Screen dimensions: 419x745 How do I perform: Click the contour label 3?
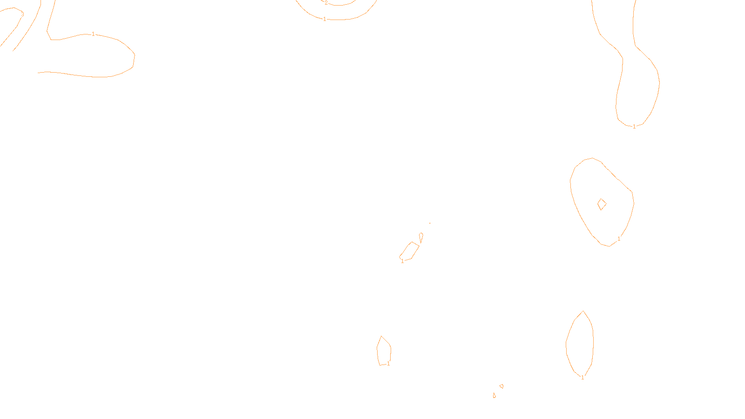(22, 14)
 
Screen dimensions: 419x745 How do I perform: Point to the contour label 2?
(326, 3)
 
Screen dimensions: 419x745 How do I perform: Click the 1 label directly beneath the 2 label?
(325, 19)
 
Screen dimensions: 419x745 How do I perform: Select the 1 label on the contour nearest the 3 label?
(93, 34)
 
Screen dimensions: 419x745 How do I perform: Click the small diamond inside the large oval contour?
(602, 204)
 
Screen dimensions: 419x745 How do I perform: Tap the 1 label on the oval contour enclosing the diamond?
(619, 239)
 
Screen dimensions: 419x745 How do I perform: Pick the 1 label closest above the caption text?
(388, 364)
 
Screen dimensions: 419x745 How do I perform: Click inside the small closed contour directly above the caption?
(384, 351)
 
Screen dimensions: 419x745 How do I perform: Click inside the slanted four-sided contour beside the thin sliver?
(410, 251)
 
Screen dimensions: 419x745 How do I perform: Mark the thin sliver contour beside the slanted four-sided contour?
(421, 237)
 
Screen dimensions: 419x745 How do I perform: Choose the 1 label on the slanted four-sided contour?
(402, 261)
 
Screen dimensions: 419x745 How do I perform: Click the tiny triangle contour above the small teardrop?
(501, 386)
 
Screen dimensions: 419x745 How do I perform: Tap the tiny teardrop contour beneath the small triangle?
(494, 395)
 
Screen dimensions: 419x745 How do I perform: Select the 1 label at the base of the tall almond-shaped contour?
(582, 378)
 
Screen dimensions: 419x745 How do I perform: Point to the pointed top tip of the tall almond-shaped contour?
(583, 311)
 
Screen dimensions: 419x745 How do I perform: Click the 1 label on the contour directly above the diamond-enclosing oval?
(634, 127)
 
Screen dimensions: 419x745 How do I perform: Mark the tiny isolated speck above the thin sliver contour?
(430, 223)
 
